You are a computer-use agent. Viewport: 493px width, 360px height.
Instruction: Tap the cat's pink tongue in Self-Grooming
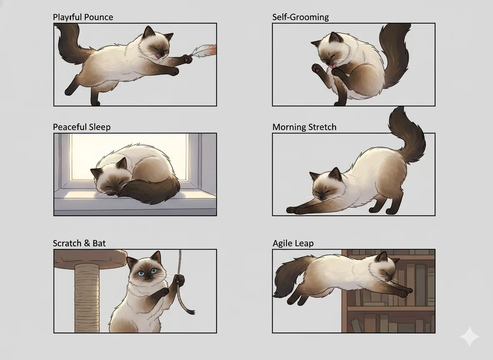coord(332,66)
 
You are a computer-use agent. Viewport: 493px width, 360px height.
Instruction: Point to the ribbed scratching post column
coord(87,297)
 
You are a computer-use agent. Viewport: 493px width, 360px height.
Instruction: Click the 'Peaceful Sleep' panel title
coord(82,127)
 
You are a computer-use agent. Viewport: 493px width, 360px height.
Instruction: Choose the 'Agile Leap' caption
coord(293,244)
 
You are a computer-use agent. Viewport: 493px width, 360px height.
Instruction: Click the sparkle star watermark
coord(470,337)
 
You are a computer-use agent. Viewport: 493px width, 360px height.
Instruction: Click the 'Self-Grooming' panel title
coord(301,17)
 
